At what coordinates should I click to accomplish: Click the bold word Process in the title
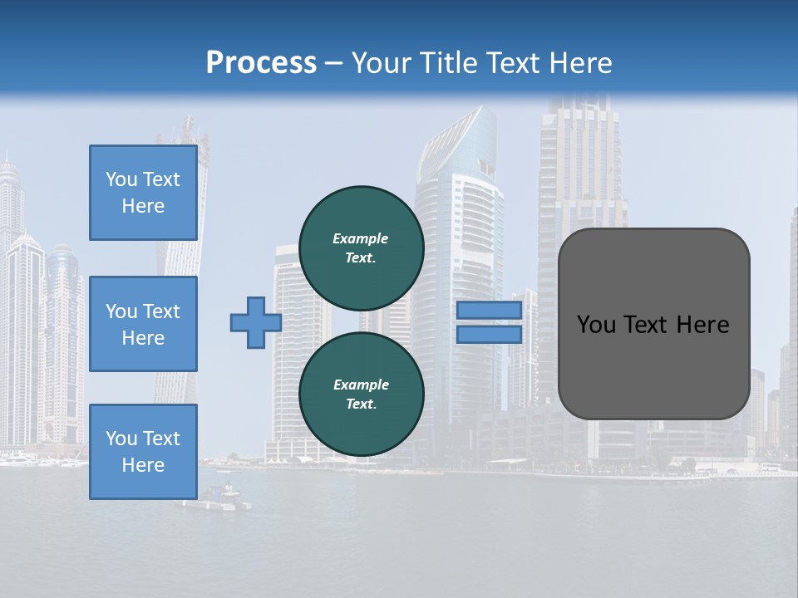click(261, 62)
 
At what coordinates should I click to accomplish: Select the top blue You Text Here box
click(143, 193)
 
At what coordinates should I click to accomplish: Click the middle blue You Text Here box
click(143, 324)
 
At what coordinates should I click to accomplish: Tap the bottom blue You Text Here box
click(143, 452)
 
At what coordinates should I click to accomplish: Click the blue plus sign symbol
click(255, 323)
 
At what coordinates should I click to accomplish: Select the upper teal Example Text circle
click(361, 248)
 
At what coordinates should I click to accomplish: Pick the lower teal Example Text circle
click(361, 394)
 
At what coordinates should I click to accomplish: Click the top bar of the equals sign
click(489, 311)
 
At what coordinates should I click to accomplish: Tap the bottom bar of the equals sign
click(489, 335)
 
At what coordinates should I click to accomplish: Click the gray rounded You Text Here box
click(653, 324)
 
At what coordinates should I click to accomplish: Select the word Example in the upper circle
click(361, 238)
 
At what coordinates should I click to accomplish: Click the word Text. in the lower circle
click(361, 404)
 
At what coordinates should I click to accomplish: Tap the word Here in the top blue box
click(143, 206)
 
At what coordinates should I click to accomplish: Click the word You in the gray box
click(596, 325)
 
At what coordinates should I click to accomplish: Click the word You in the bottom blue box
click(122, 439)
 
